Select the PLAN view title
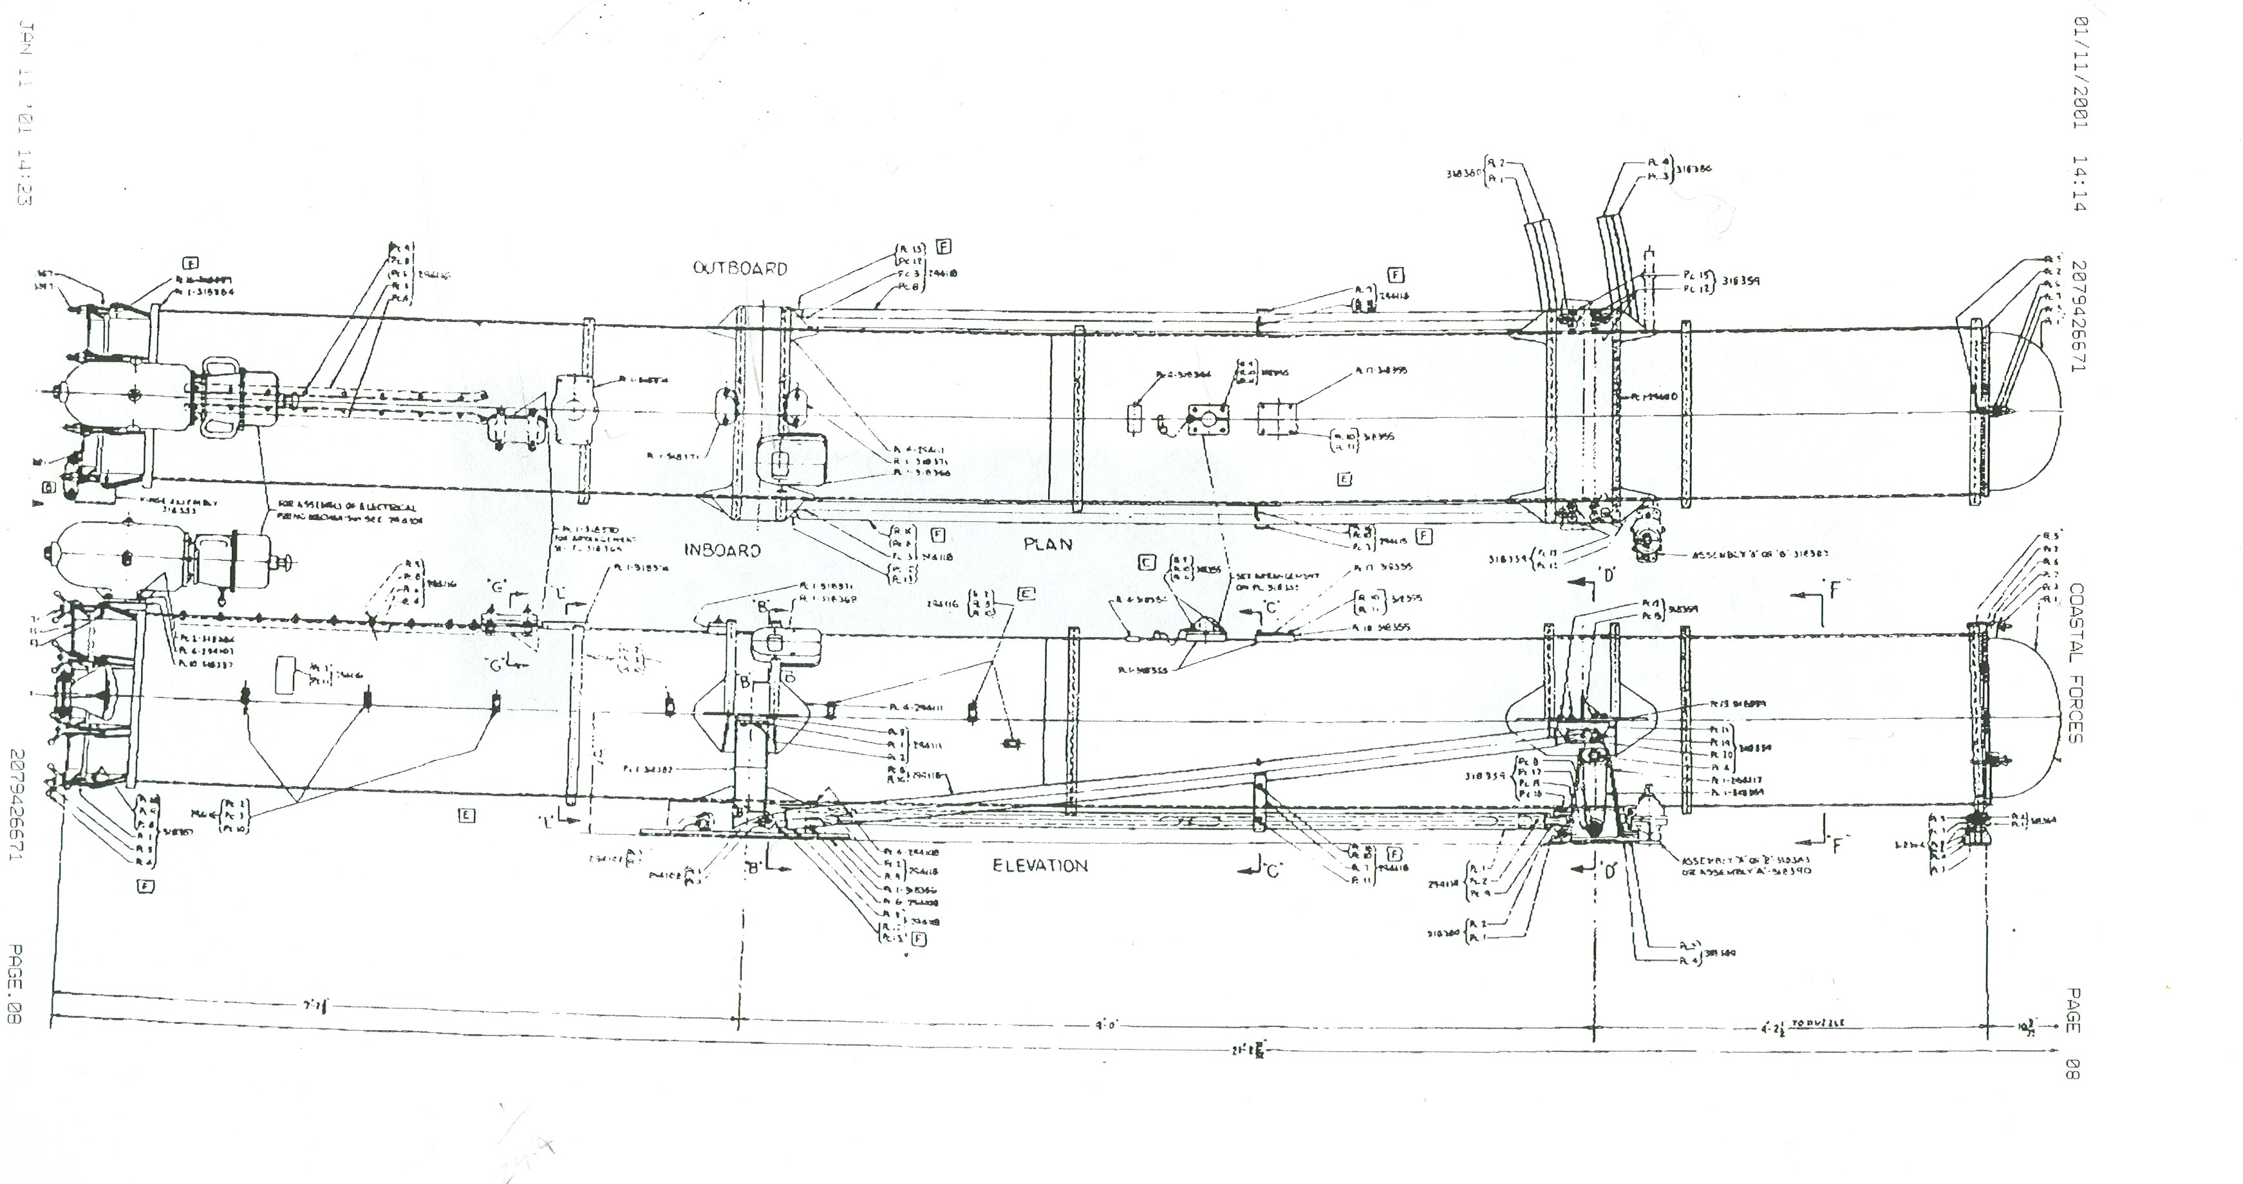(x=1047, y=544)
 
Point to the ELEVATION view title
(x=1040, y=865)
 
